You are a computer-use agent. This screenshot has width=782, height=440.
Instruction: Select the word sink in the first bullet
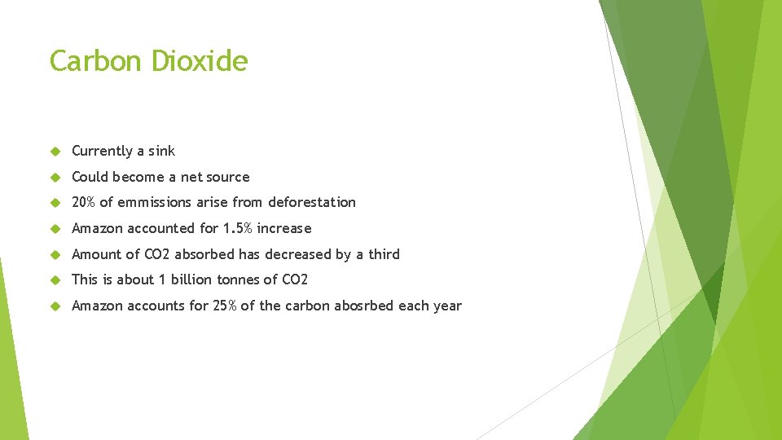point(161,151)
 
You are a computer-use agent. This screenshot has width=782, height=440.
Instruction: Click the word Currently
point(102,151)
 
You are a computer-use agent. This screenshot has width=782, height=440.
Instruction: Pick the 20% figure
point(84,202)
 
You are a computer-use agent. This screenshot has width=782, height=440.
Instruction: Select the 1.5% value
point(238,228)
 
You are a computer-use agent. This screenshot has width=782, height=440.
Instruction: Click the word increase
point(284,228)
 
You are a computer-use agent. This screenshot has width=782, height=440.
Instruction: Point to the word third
point(384,254)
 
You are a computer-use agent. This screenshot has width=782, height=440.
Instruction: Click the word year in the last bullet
point(446,306)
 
